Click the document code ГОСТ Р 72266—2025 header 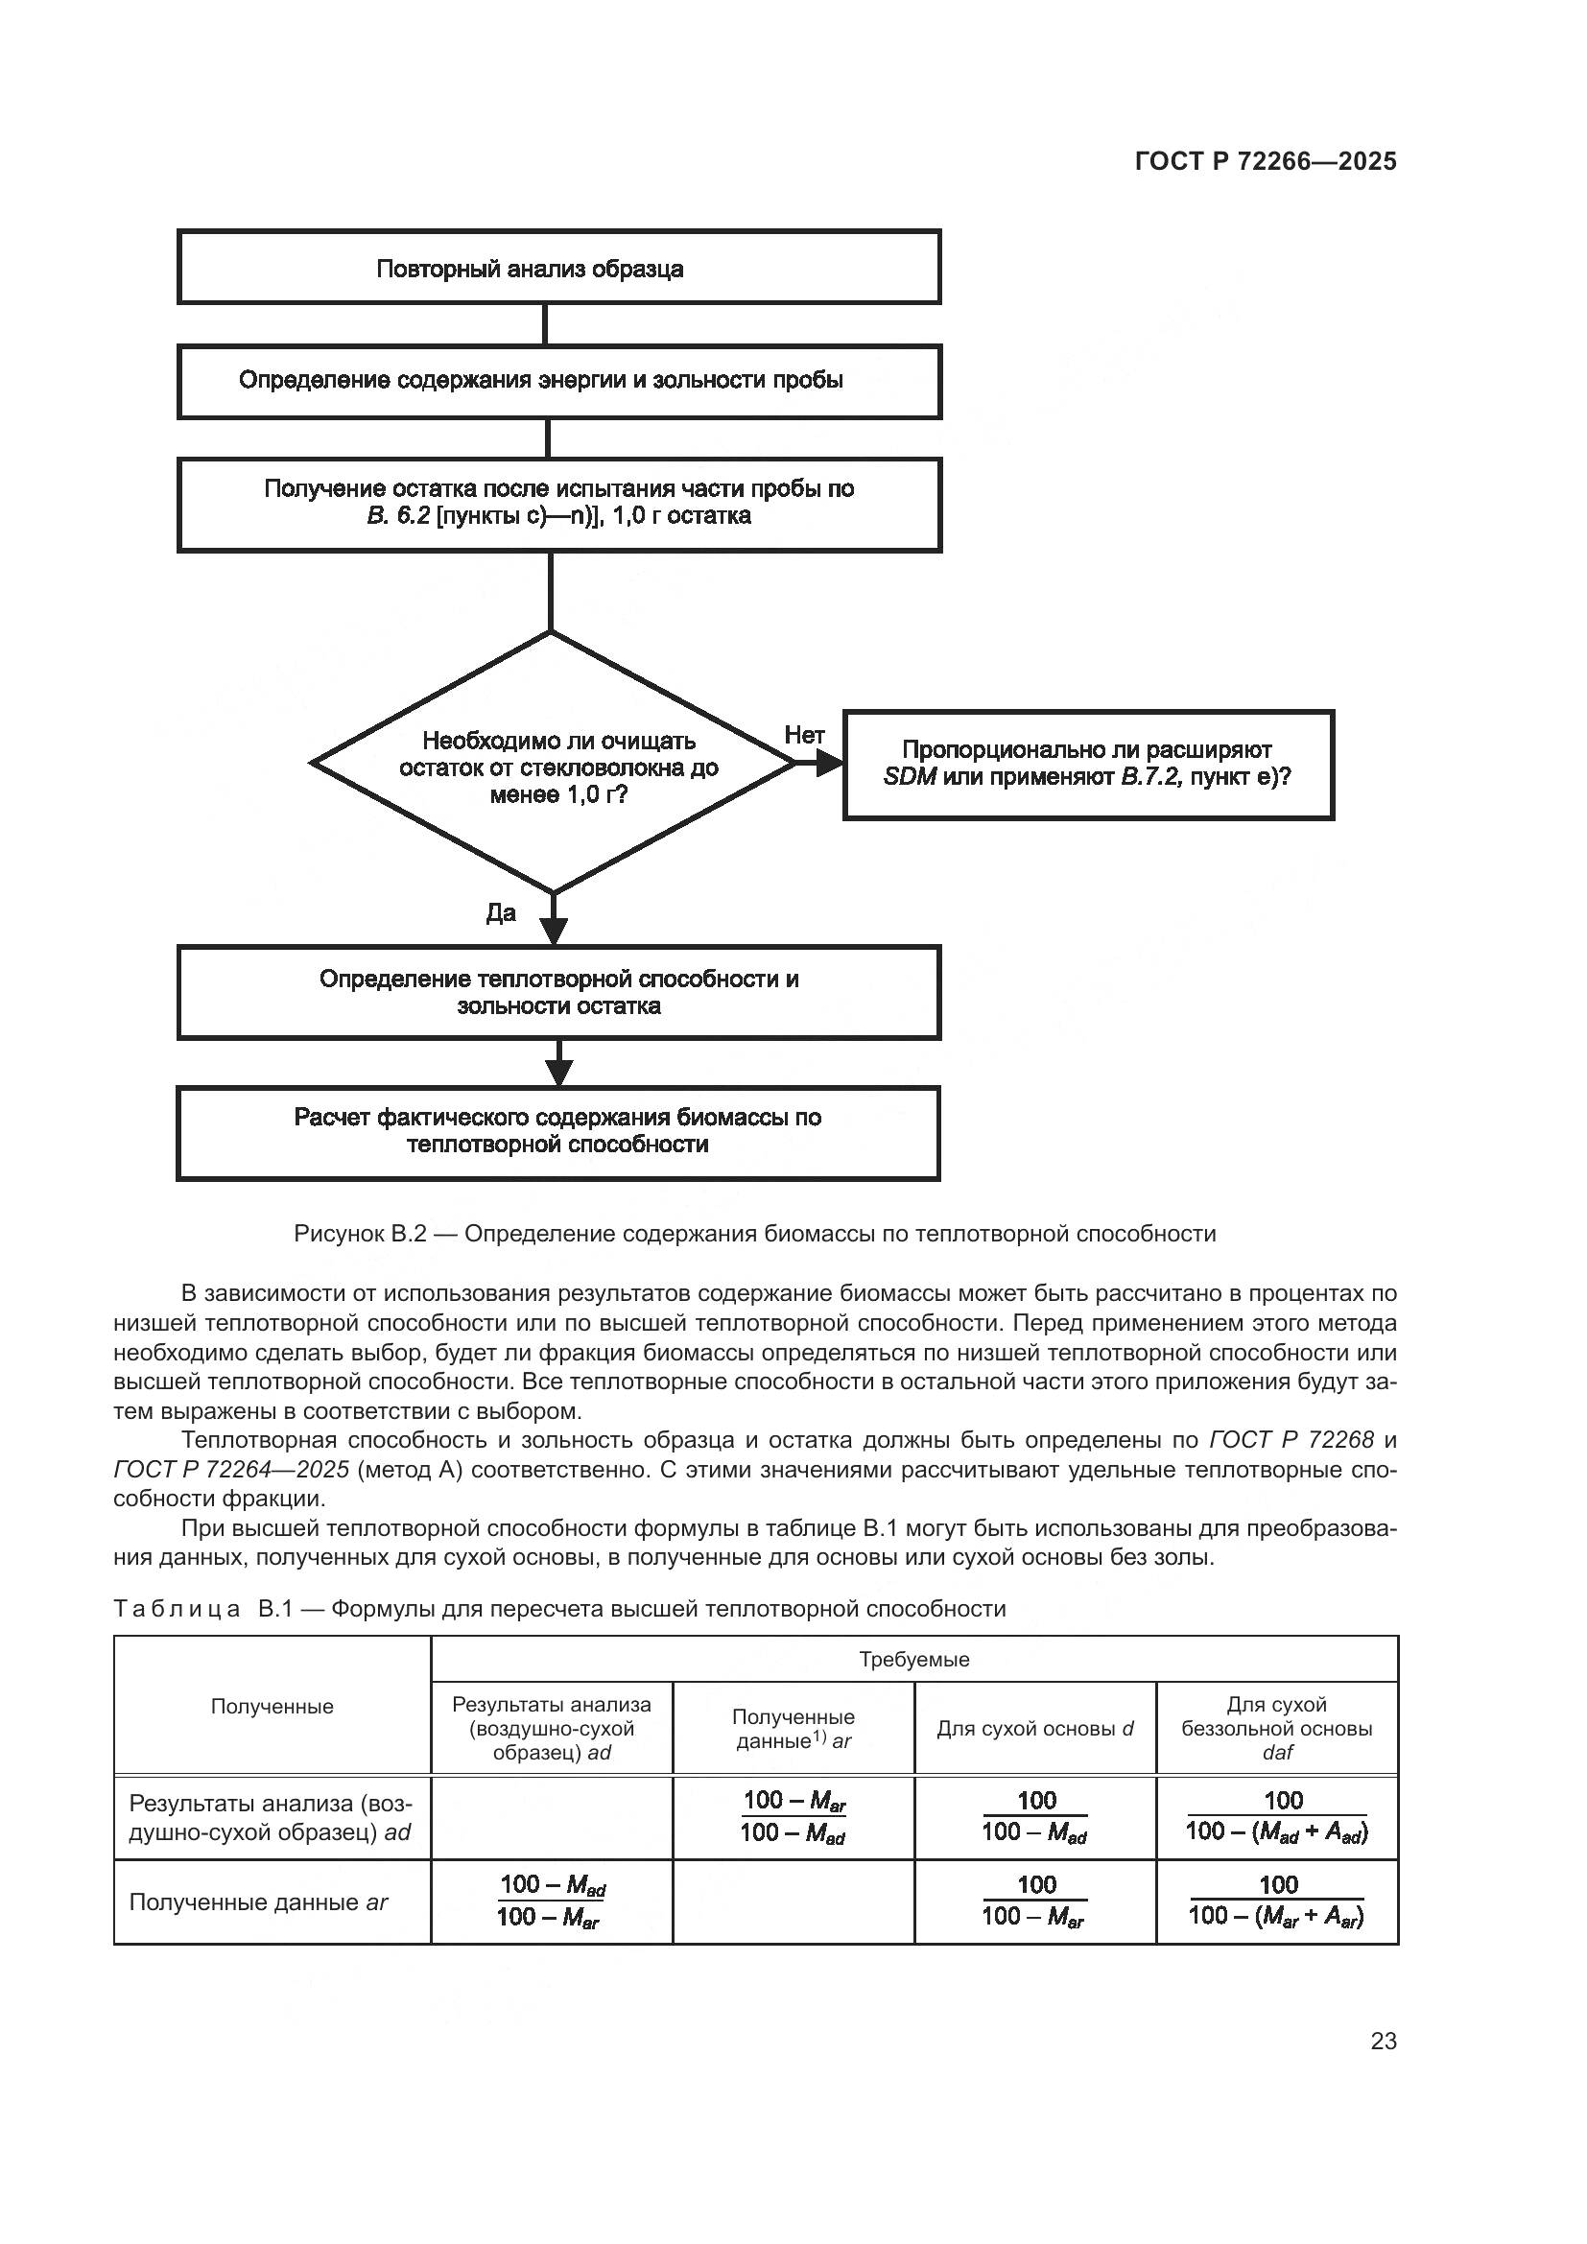click(x=1266, y=161)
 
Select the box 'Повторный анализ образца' click(x=558, y=268)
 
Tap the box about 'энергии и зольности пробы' click(x=558, y=381)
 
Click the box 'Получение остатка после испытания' click(x=558, y=504)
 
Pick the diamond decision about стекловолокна click(x=553, y=764)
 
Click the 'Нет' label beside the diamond click(x=804, y=735)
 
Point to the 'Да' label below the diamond click(x=500, y=912)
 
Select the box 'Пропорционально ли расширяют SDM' click(x=1088, y=765)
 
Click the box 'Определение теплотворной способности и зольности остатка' click(x=558, y=992)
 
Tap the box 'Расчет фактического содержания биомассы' click(x=558, y=1132)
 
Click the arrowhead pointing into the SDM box click(x=831, y=764)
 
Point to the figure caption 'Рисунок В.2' click(x=754, y=1234)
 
